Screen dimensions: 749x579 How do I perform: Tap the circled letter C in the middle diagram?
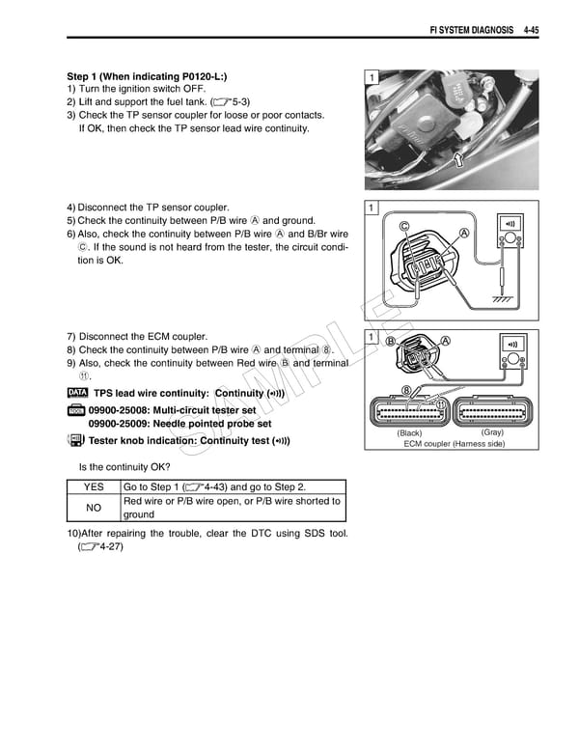pyautogui.click(x=404, y=226)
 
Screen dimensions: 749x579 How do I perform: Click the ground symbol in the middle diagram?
pyautogui.click(x=502, y=299)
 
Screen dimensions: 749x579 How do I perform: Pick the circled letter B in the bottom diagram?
pyautogui.click(x=391, y=341)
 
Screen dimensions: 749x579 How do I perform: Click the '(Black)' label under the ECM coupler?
pyautogui.click(x=409, y=433)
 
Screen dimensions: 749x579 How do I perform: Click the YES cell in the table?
pyautogui.click(x=94, y=487)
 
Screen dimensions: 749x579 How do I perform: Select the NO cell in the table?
pyautogui.click(x=94, y=508)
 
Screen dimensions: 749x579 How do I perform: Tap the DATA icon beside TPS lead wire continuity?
pyautogui.click(x=77, y=393)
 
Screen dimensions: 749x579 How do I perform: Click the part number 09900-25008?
pyautogui.click(x=122, y=410)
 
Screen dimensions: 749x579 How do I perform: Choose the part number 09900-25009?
pyautogui.click(x=122, y=424)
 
